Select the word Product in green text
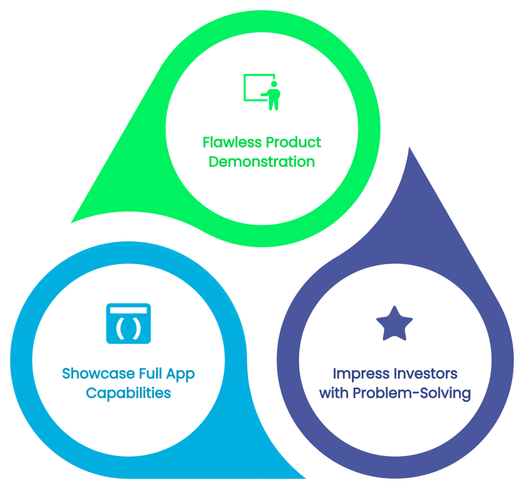click(x=293, y=142)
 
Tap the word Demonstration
click(x=262, y=161)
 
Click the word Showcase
click(x=98, y=374)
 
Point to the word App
click(x=180, y=374)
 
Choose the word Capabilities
click(x=128, y=393)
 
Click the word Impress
click(x=361, y=374)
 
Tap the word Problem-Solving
click(x=412, y=393)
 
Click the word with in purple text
click(x=334, y=393)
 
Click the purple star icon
click(x=394, y=324)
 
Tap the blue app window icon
click(x=128, y=323)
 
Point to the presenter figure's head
click(x=274, y=84)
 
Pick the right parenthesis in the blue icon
click(x=137, y=329)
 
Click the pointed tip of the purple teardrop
click(x=409, y=148)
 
